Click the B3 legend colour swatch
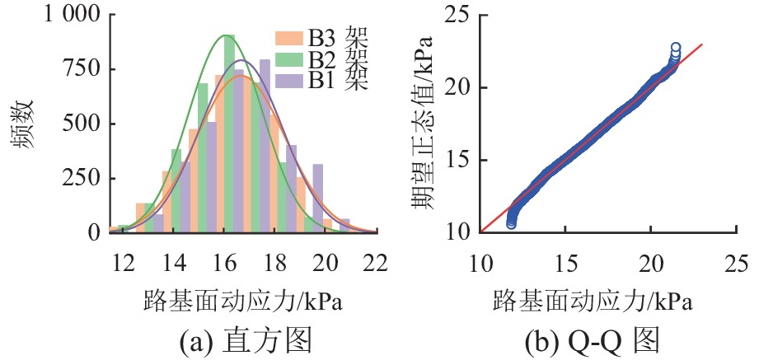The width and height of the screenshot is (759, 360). tap(291, 38)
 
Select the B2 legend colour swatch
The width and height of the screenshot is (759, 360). tap(291, 59)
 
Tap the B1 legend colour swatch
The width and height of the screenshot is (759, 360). tap(291, 80)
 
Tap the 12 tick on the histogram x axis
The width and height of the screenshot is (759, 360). tap(124, 262)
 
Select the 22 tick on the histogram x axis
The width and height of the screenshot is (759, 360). tap(377, 262)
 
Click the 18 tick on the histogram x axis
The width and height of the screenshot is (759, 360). tap(275, 262)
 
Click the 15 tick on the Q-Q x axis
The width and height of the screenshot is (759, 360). tap(565, 262)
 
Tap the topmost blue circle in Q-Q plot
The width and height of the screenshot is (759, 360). tap(676, 48)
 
